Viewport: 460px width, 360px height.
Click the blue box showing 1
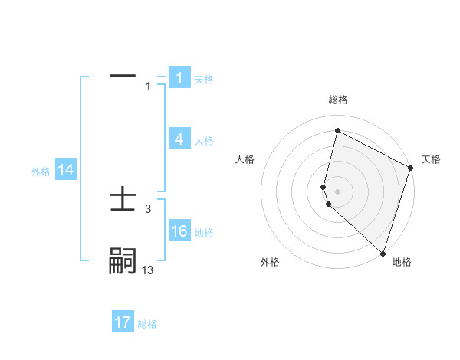tap(179, 78)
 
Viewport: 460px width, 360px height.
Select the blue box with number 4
tap(179, 139)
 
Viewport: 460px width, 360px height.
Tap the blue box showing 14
tap(66, 171)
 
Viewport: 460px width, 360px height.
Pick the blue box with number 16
tap(179, 232)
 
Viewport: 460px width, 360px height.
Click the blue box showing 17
tap(122, 323)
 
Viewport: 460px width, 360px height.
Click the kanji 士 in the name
tap(123, 201)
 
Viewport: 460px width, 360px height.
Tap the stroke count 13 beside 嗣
tap(148, 270)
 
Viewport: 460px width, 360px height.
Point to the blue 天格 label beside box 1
tap(204, 80)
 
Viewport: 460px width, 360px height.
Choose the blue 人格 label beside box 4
tap(204, 141)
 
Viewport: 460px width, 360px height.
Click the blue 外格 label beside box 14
tap(41, 172)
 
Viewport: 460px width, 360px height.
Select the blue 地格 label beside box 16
tap(204, 234)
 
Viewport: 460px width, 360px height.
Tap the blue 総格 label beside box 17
tap(147, 325)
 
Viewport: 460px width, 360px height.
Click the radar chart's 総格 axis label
tap(337, 100)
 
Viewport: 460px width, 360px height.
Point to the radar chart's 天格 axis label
tap(431, 159)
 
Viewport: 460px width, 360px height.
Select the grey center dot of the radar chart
tap(337, 191)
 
